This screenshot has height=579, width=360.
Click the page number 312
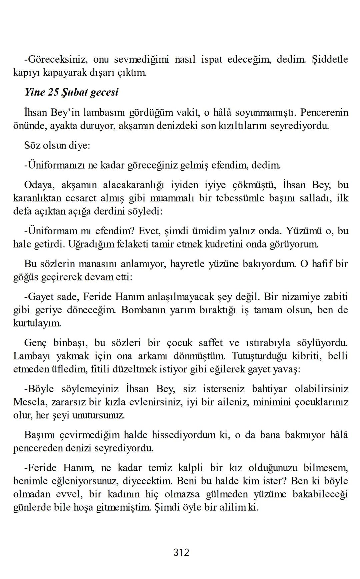click(181, 552)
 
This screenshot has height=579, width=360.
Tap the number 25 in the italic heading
click(53, 92)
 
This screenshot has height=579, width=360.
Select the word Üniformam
click(52, 231)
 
